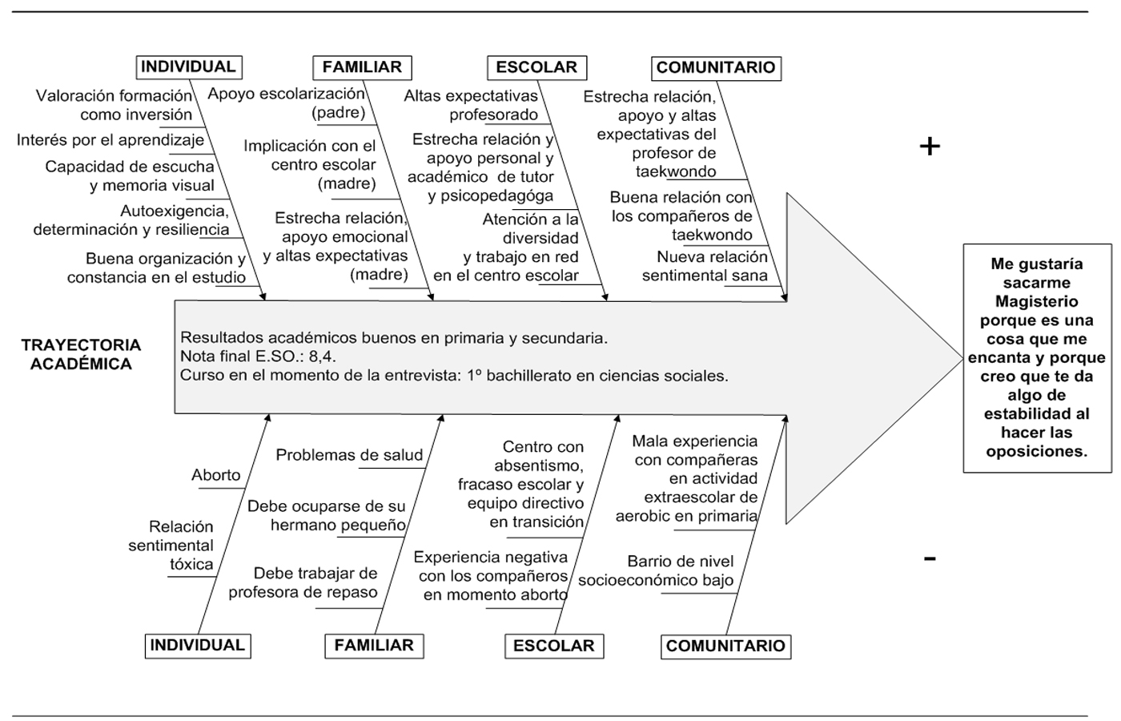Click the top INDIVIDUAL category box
tap(188, 67)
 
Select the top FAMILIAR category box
tap(362, 67)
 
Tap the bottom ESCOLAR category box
tap(553, 646)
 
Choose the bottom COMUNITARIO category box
tap(725, 646)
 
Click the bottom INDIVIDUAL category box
tap(197, 645)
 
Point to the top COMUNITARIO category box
tap(716, 68)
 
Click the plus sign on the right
tap(929, 146)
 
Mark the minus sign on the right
tap(929, 558)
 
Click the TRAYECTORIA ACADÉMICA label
tap(81, 354)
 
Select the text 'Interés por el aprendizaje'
tap(110, 140)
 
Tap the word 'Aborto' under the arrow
tap(216, 475)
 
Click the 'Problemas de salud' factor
tap(349, 455)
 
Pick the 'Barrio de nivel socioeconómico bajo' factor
tap(657, 570)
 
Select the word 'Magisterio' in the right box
tap(1036, 301)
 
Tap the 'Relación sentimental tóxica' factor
tap(171, 546)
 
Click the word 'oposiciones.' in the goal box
tap(1036, 451)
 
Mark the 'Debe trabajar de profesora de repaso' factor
tap(303, 582)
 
